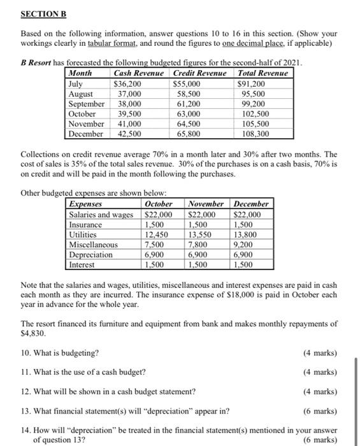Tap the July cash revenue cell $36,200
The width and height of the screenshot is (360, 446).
click(127, 83)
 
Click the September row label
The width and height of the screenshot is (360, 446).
click(86, 104)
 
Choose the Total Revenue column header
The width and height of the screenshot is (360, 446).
click(263, 74)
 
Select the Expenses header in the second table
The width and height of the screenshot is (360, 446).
click(85, 204)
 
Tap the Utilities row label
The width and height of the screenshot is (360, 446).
click(84, 235)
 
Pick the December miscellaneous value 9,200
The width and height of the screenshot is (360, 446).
click(248, 245)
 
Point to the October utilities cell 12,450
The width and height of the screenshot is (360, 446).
click(157, 235)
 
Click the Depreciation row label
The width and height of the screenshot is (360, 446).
click(91, 255)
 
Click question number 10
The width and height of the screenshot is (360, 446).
click(26, 353)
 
